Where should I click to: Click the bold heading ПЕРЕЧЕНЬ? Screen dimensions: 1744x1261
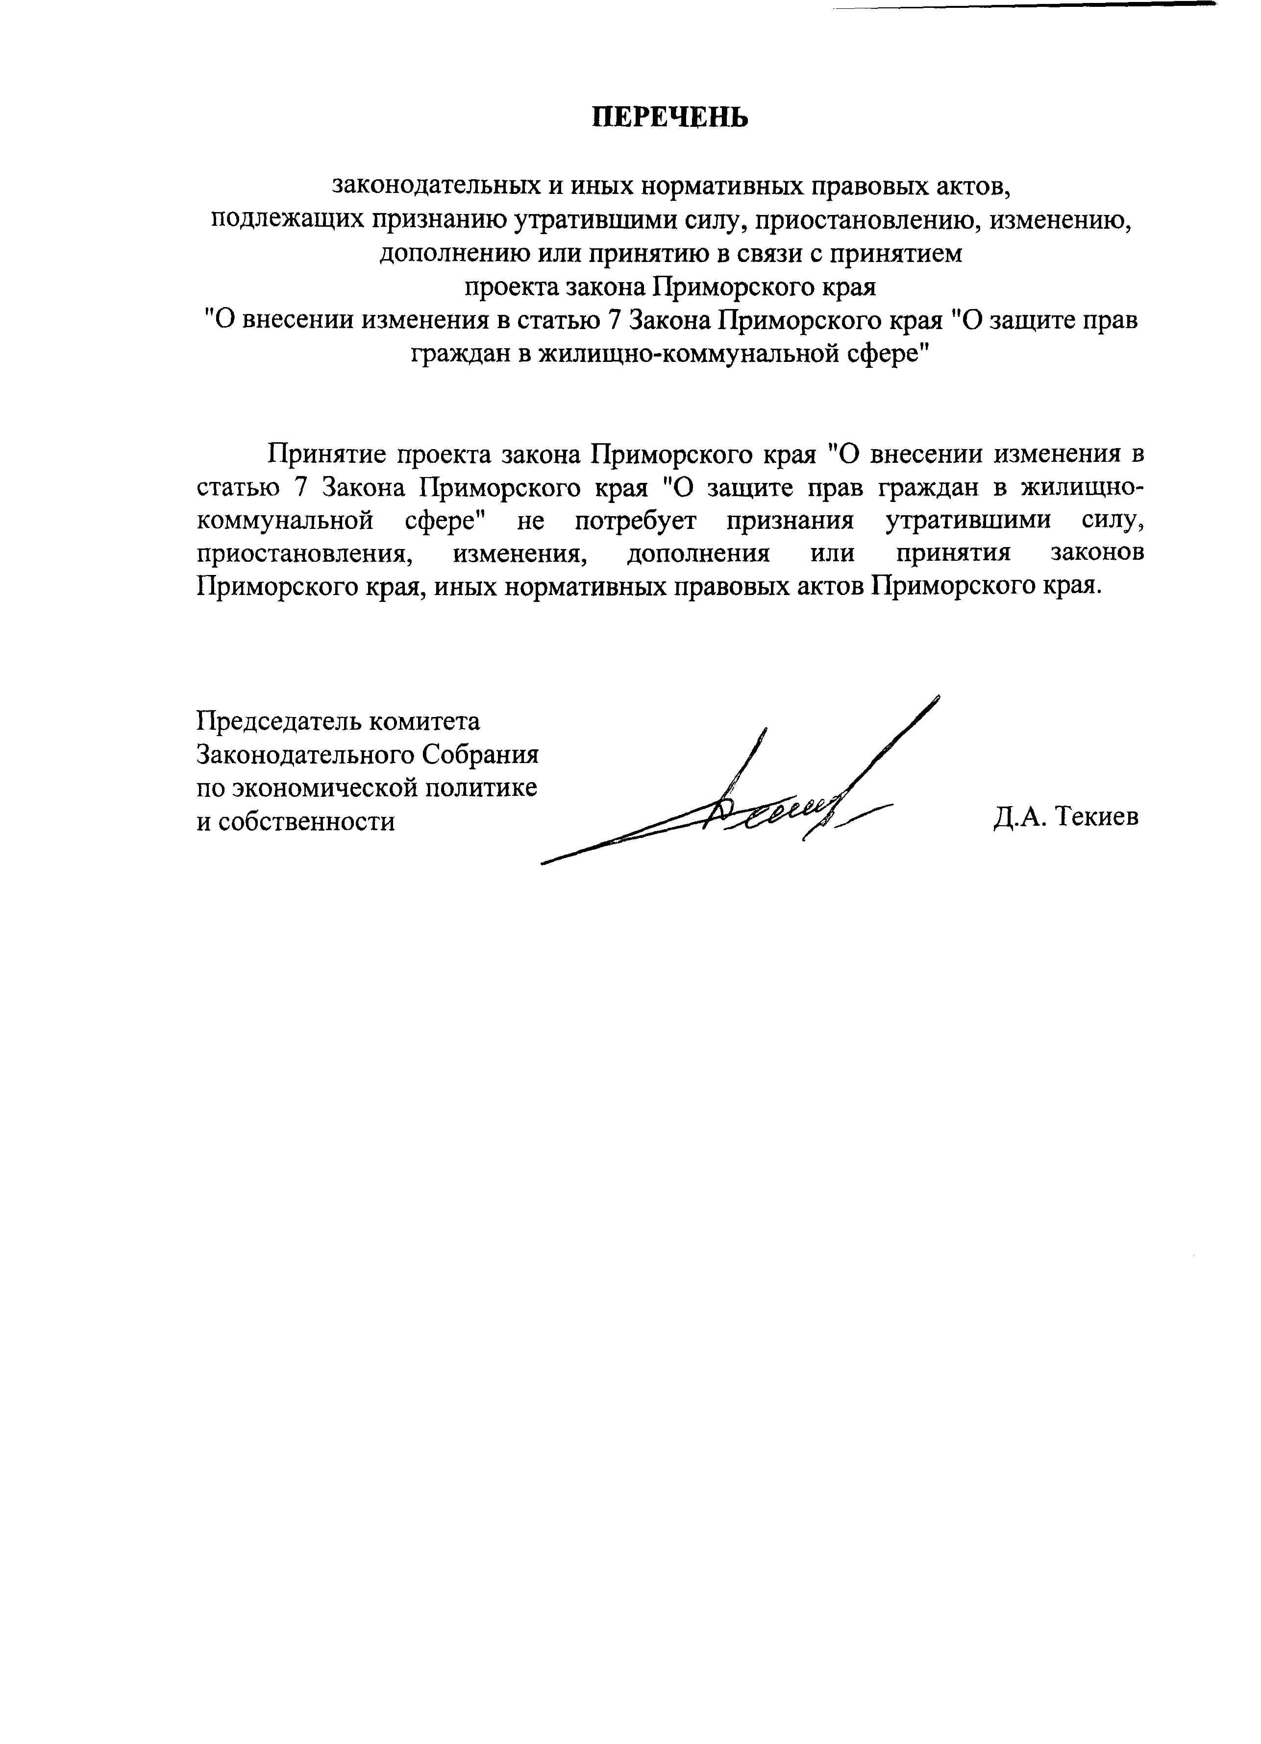(x=669, y=117)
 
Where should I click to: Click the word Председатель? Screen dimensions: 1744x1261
(x=279, y=721)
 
